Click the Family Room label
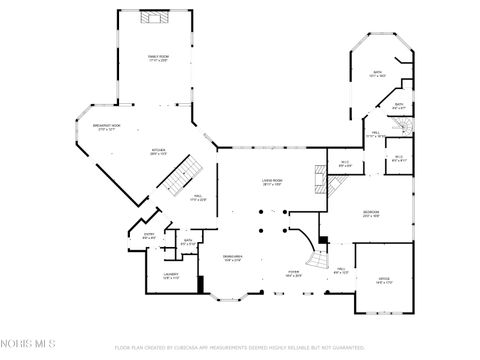coord(158,58)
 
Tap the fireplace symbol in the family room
coord(154,17)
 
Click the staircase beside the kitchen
coord(180,180)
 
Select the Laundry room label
coord(170,277)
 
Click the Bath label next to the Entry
coord(187,241)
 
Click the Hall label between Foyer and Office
coord(340,269)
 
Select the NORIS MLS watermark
coord(28,343)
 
